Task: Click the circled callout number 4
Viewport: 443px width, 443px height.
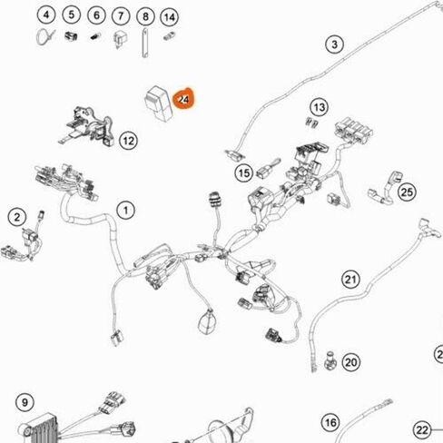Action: coord(46,15)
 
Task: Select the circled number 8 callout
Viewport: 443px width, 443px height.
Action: coord(145,16)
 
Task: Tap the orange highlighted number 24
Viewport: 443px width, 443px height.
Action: coord(183,99)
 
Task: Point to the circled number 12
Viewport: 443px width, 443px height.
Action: coord(129,141)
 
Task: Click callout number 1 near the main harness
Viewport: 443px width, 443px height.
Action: coord(126,210)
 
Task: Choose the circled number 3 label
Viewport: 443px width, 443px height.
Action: coord(334,44)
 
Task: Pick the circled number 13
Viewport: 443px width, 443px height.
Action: coord(320,107)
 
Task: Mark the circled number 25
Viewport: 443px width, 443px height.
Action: coord(407,192)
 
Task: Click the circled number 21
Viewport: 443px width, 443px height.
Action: coord(351,279)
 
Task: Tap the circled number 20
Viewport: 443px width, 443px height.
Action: coord(351,362)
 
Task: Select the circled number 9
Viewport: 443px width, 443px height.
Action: coord(25,402)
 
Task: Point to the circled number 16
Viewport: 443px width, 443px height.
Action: coord(330,422)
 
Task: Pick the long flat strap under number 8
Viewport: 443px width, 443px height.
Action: coord(145,43)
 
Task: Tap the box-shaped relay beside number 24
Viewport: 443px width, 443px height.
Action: coord(159,103)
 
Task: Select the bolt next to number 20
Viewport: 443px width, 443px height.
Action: coord(330,360)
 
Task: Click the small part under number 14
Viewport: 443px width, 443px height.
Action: coord(170,36)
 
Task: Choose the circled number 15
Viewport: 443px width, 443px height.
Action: coord(244,173)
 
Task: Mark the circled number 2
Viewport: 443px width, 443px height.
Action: coord(17,217)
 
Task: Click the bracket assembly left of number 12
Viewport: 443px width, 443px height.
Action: coord(87,126)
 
